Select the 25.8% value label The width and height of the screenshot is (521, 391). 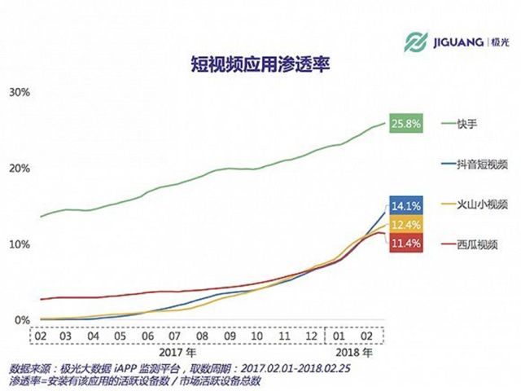click(405, 124)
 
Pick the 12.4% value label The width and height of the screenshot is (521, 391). click(405, 223)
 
